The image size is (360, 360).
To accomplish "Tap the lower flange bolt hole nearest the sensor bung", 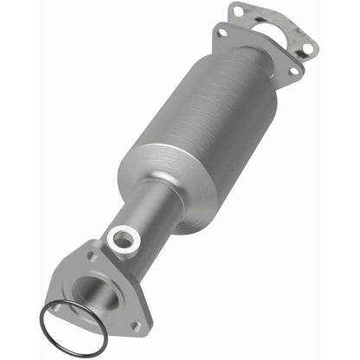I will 92,257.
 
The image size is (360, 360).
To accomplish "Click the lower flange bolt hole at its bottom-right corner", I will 134,325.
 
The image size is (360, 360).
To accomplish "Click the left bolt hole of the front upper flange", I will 223,33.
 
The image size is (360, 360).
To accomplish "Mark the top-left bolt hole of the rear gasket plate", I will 238,11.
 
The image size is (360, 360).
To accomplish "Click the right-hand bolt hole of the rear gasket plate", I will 307,48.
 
